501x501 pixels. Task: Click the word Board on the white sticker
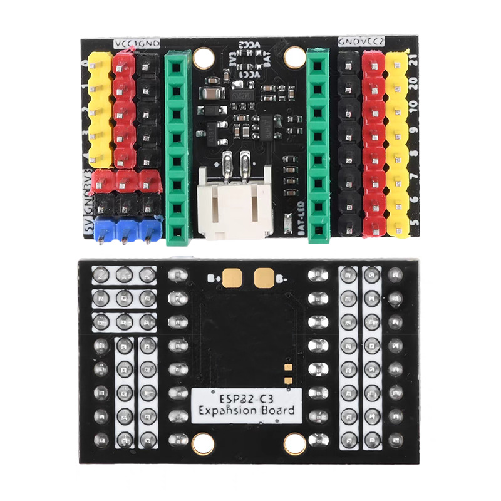coord(276,411)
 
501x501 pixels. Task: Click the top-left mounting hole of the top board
coord(203,58)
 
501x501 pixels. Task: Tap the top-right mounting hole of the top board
coord(292,58)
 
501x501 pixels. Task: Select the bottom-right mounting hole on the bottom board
coord(293,444)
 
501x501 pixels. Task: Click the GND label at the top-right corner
coord(348,41)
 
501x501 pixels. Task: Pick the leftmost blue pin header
coord(101,230)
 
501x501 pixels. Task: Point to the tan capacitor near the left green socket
coord(214,94)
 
